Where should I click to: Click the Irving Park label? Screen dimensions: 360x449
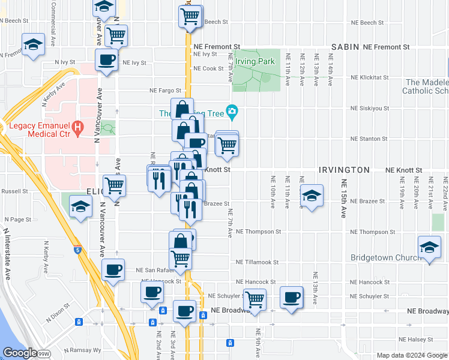(x=255, y=61)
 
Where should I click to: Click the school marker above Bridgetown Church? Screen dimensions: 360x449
(x=429, y=248)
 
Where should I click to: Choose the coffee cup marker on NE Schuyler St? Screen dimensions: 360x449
(x=292, y=297)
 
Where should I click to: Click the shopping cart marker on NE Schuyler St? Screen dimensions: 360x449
(x=255, y=298)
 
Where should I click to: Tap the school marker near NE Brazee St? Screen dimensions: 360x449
(x=310, y=196)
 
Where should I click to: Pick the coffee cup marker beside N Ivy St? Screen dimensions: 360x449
(x=107, y=60)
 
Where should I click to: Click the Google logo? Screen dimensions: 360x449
(x=20, y=353)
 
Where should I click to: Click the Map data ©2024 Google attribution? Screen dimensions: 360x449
(x=411, y=355)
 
